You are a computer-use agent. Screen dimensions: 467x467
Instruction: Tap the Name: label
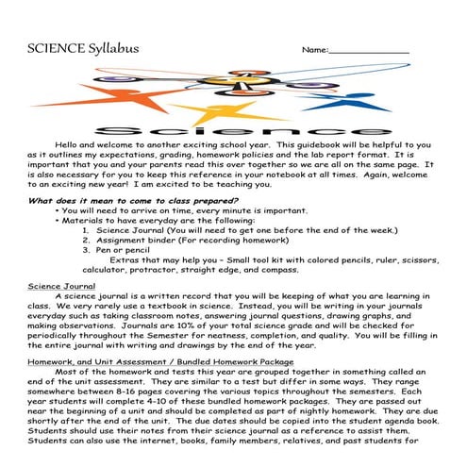(314, 49)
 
